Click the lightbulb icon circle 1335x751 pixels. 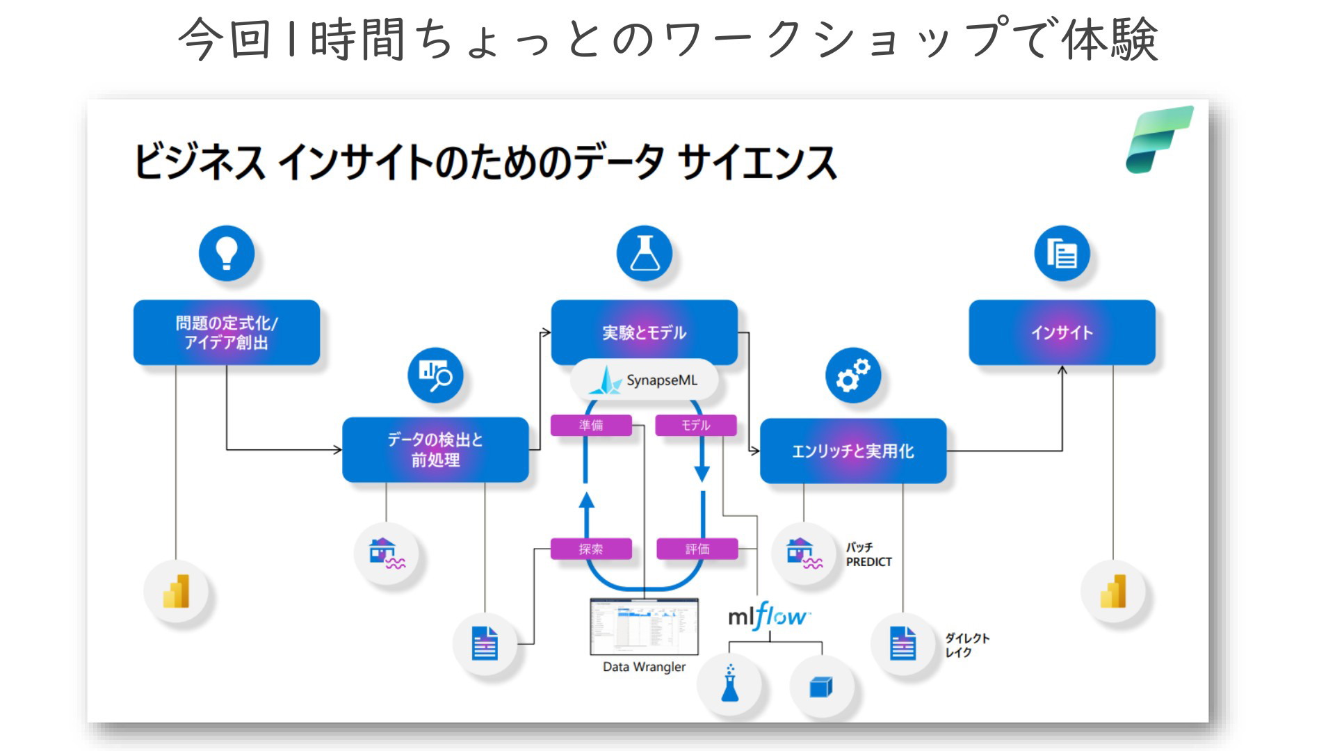[227, 253]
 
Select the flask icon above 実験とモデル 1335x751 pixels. [645, 253]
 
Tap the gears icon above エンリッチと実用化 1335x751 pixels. [853, 375]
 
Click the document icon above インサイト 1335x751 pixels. [1062, 253]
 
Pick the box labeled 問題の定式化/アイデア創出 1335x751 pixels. [227, 332]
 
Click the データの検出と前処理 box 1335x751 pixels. [435, 450]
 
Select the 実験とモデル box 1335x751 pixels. [645, 332]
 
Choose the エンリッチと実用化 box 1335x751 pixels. [853, 451]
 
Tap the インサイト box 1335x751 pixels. [1062, 332]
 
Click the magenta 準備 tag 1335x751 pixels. [591, 425]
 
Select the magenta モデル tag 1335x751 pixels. [696, 425]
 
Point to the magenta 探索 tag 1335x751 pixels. [591, 549]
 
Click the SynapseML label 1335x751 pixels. [645, 380]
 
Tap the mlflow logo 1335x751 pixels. [769, 616]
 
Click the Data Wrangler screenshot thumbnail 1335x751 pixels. [644, 627]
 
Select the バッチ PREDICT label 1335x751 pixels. [868, 555]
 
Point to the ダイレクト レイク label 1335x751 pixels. [966, 645]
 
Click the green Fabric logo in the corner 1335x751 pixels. [1159, 140]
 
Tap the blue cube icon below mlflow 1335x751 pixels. [821, 687]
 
